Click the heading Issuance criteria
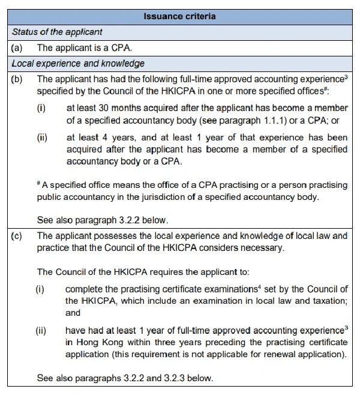[x=179, y=16]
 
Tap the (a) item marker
[x=17, y=47]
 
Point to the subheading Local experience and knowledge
[x=77, y=63]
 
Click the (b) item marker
[x=17, y=79]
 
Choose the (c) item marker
[x=17, y=236]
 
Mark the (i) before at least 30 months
[x=41, y=108]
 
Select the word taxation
[x=328, y=300]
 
